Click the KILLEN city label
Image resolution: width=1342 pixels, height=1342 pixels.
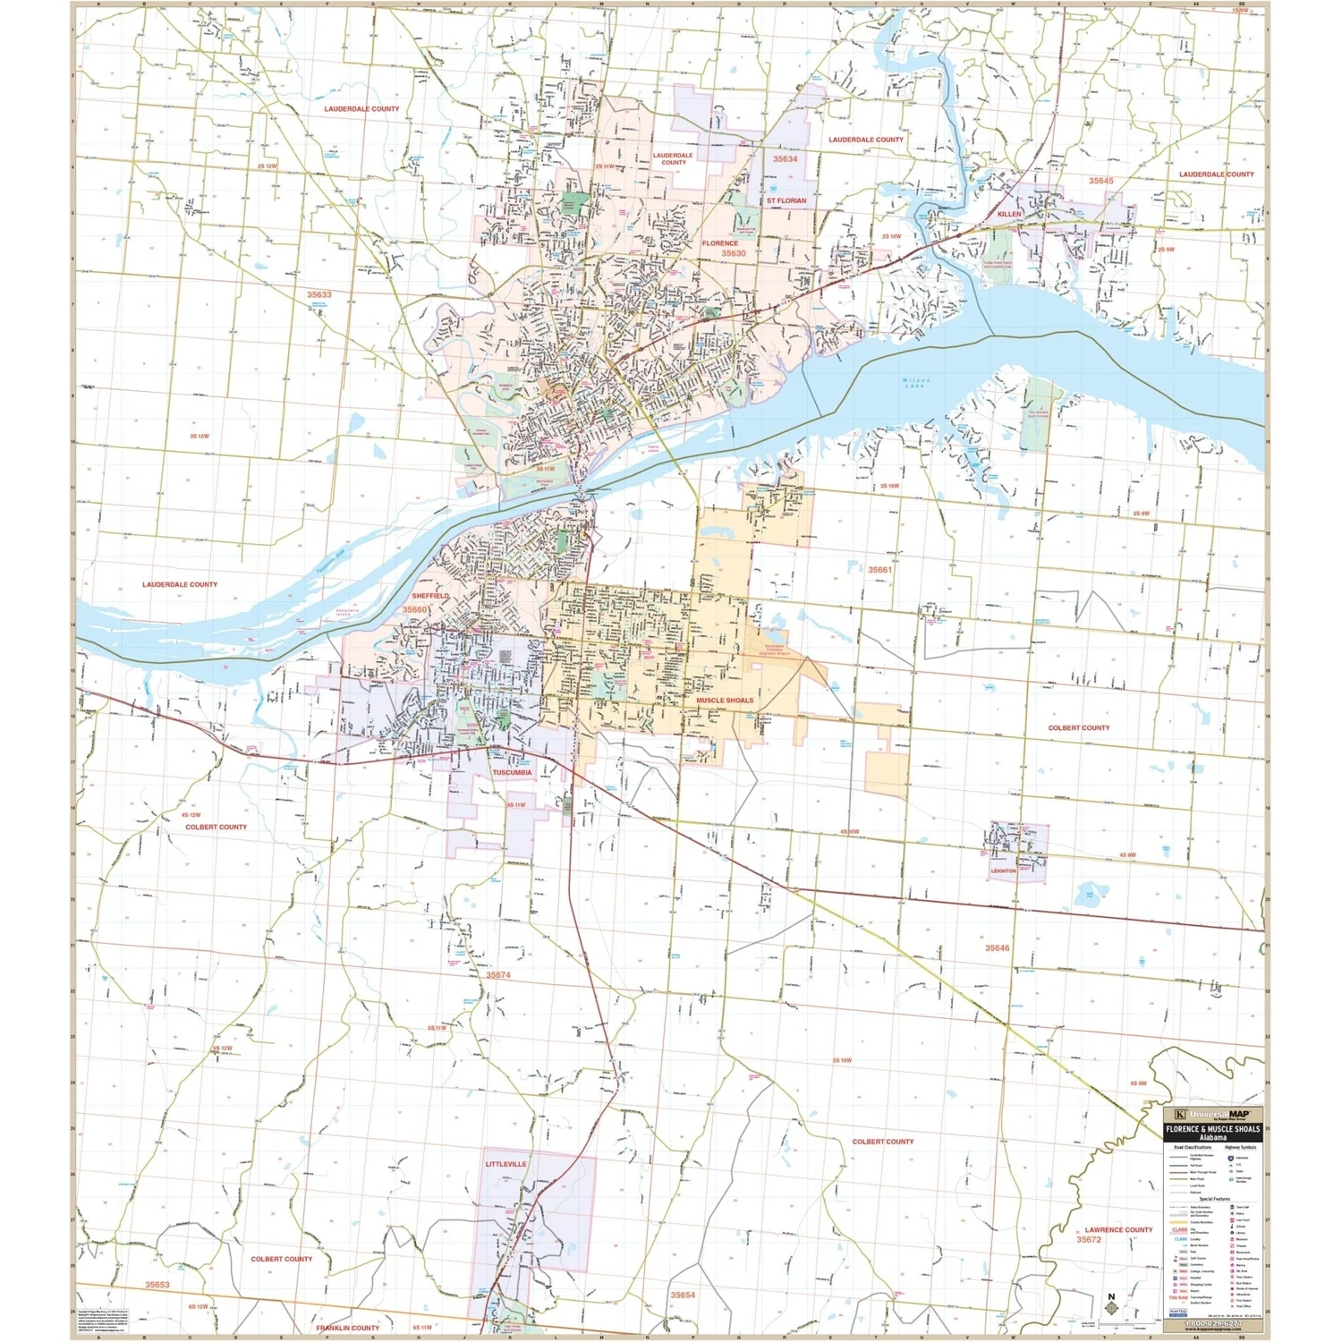1009,215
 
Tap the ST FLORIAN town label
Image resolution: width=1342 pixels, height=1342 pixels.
786,201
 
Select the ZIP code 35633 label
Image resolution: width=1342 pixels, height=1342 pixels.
319,294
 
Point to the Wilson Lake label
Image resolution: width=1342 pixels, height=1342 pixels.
916,383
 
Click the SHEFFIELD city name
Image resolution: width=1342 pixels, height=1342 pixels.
430,596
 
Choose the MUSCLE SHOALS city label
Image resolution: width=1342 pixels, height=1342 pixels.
725,701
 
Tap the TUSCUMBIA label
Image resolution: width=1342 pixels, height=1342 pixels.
512,772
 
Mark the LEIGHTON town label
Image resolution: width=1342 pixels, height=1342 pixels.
1004,871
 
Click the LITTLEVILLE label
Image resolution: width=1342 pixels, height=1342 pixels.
506,1164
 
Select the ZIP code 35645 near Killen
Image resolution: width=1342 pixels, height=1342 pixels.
1100,181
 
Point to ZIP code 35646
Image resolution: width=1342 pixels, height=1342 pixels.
997,948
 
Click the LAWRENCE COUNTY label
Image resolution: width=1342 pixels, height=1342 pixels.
1118,1230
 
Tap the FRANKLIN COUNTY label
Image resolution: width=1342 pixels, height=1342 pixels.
348,1328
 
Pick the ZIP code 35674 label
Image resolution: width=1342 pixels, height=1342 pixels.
498,975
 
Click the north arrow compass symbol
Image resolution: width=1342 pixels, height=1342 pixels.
1112,1305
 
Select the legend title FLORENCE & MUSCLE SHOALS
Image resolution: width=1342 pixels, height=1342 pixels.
1212,1130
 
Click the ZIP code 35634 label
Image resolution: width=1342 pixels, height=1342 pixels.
785,159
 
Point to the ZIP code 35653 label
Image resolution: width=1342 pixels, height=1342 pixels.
157,1285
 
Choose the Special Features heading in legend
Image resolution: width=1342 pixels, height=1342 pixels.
1216,1199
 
